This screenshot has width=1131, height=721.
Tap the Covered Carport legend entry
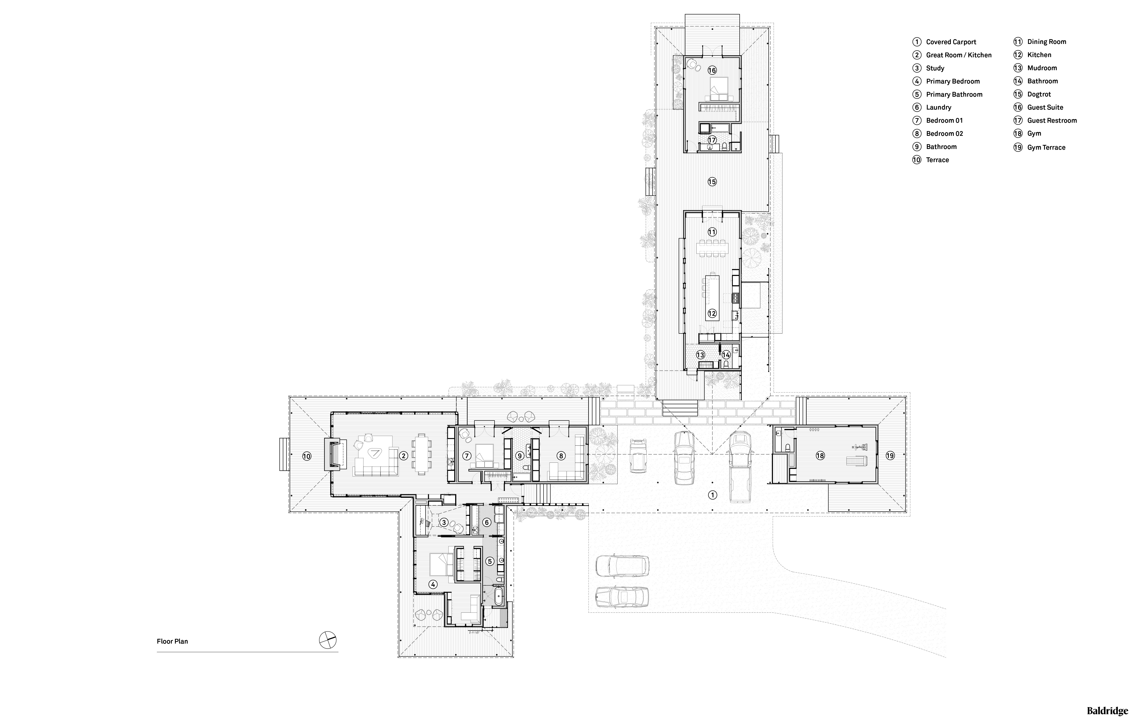(x=944, y=42)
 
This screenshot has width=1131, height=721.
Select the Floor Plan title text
(x=172, y=641)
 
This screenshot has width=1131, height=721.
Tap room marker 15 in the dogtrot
(x=712, y=182)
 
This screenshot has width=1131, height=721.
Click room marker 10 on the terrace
(x=306, y=456)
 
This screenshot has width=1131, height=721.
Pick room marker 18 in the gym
(x=820, y=455)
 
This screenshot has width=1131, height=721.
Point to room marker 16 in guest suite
(x=712, y=70)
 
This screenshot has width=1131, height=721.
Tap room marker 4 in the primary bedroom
(x=433, y=584)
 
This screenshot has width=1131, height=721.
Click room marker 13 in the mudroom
(x=700, y=355)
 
